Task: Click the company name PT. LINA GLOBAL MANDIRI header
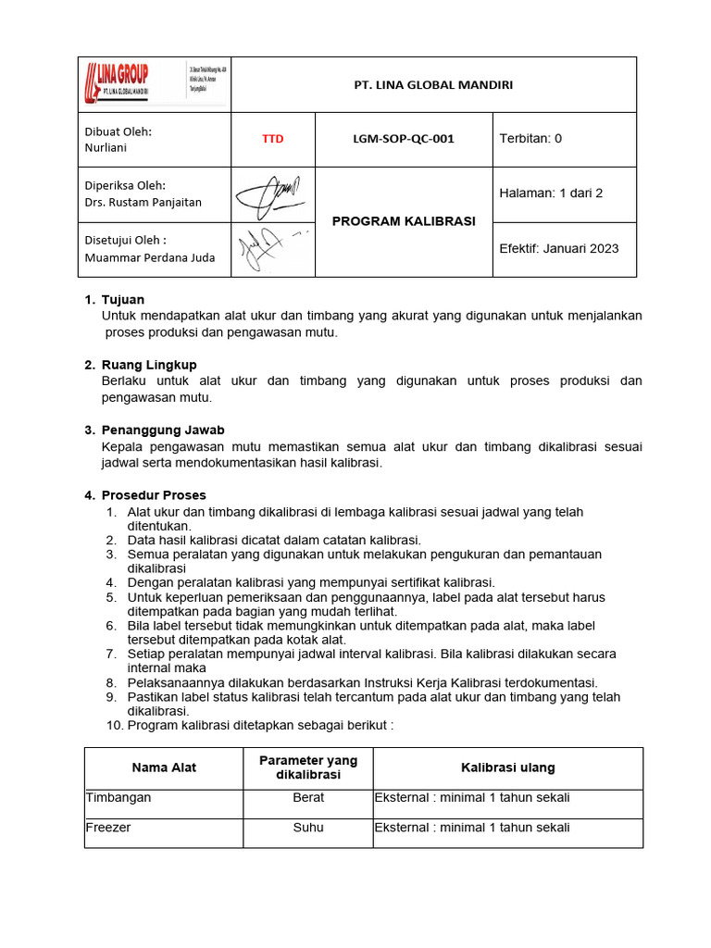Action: click(x=433, y=85)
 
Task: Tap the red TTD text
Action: click(x=272, y=139)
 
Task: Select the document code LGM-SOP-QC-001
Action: click(x=403, y=139)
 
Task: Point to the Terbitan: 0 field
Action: click(x=530, y=139)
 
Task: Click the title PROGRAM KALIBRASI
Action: click(x=403, y=221)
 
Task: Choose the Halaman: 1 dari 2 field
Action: click(x=551, y=193)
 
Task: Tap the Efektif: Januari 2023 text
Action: click(x=559, y=248)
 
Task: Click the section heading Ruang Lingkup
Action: click(x=148, y=365)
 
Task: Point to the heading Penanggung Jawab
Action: click(x=162, y=430)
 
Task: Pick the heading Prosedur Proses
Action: click(x=154, y=495)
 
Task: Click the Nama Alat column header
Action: click(x=164, y=767)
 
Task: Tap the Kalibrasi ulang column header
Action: click(x=507, y=767)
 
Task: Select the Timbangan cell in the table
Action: click(x=118, y=797)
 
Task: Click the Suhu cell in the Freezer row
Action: click(x=308, y=828)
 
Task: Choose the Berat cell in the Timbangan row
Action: click(x=308, y=797)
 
